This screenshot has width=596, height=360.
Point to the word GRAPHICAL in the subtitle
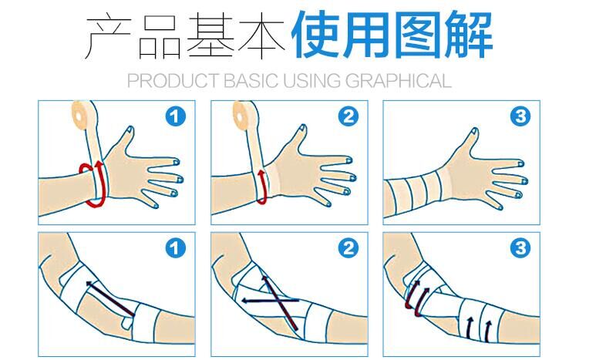(399, 80)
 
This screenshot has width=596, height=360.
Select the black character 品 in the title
(161, 35)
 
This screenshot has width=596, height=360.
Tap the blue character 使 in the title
(316, 35)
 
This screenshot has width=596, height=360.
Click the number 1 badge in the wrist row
(176, 116)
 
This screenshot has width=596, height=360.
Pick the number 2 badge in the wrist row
(349, 116)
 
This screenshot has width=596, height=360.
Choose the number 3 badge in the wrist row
(521, 116)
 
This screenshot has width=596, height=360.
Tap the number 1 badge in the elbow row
(176, 249)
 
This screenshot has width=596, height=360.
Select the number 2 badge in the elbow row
(349, 249)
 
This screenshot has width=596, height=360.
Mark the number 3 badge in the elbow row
(521, 249)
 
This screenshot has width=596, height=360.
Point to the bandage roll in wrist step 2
(246, 116)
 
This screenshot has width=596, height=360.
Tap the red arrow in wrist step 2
(262, 189)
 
